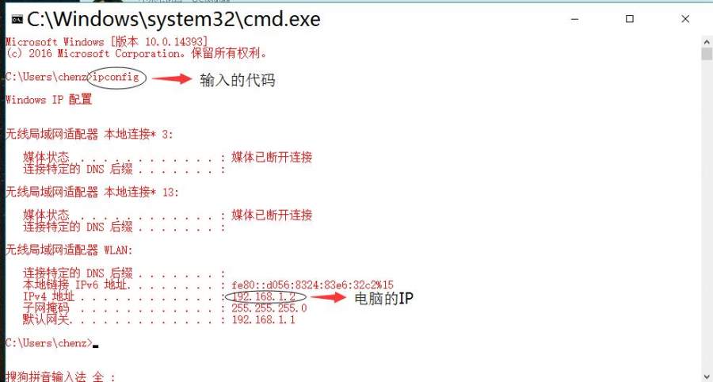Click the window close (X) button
[x=685, y=19]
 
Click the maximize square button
[x=630, y=19]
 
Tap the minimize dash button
[x=575, y=19]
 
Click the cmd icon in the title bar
[x=17, y=19]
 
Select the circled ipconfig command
[x=116, y=77]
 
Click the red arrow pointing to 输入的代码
[x=172, y=78]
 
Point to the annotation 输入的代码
[x=238, y=80]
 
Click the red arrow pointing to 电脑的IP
[x=328, y=297]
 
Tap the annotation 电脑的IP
[x=383, y=298]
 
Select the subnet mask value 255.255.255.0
[x=269, y=308]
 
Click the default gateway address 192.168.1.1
[x=263, y=319]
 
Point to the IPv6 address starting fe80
[x=312, y=285]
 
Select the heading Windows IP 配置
[x=48, y=100]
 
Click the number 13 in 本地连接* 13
[x=168, y=193]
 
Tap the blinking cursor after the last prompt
[x=96, y=346]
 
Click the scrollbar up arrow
[x=707, y=42]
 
